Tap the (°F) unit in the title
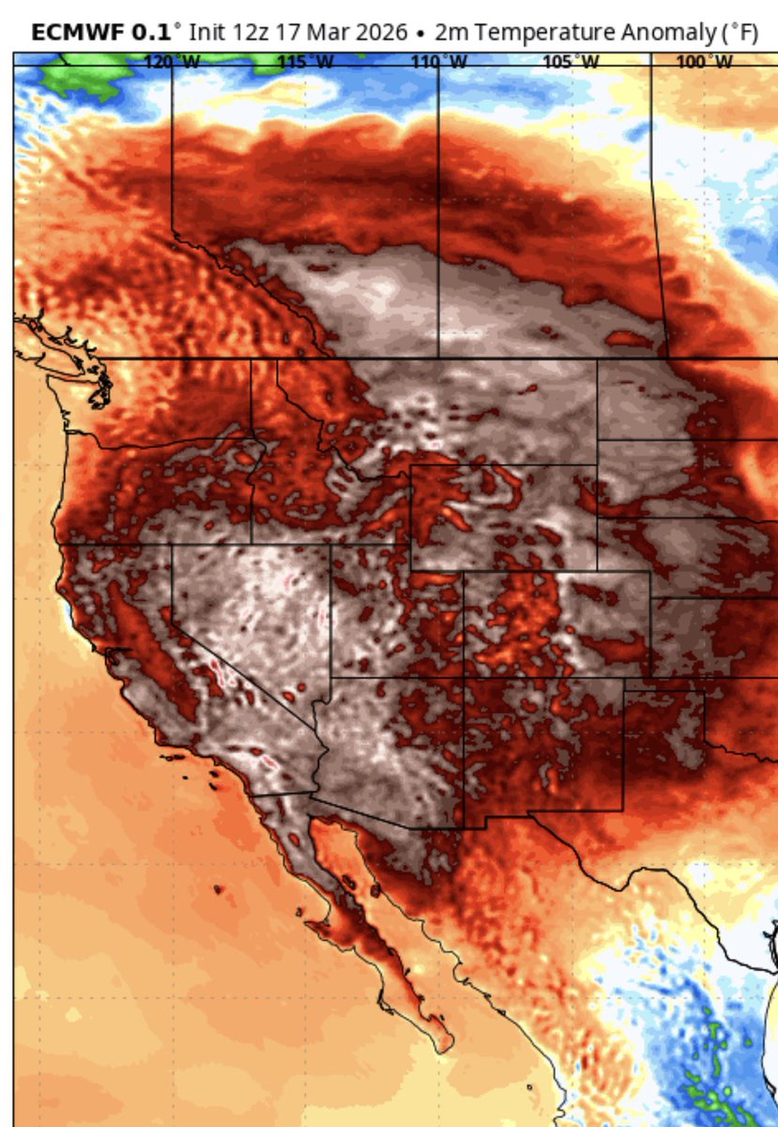click(x=738, y=33)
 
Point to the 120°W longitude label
click(x=173, y=62)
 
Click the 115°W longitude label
click(x=306, y=62)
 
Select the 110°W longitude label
click(x=439, y=62)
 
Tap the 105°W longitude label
click(x=572, y=62)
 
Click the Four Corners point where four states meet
click(x=465, y=677)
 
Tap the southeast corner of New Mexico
click(x=623, y=810)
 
